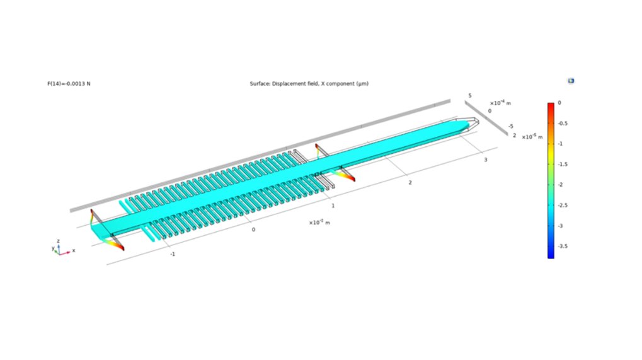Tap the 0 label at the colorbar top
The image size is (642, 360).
559,102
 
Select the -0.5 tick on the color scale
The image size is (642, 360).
563,123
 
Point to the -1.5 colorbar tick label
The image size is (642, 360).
563,164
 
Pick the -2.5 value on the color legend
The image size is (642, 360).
563,205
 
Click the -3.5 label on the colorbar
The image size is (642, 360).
563,246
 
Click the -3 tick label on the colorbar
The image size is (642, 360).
561,225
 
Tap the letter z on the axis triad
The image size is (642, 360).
58,241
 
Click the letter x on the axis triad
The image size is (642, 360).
74,250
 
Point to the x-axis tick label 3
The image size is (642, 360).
485,161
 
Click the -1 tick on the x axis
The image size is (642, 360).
172,254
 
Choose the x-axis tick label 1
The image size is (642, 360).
333,206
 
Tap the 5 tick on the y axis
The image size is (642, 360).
469,95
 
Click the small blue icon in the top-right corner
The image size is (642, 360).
571,81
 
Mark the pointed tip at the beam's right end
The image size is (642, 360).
473,122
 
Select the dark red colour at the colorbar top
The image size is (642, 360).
551,105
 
